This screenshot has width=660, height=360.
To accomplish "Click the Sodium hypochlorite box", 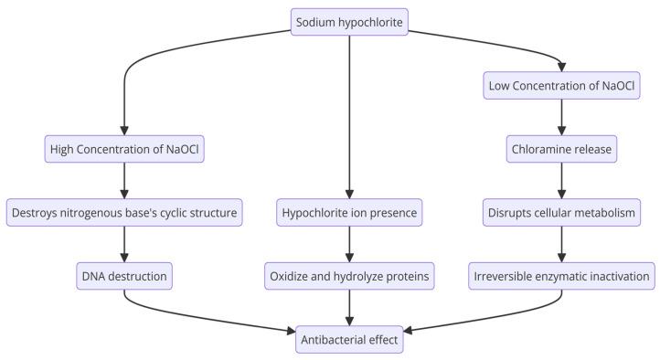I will coord(349,21).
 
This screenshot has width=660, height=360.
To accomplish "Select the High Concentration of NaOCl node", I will coord(123,148).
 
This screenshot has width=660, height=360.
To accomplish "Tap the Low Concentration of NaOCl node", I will coord(561,88).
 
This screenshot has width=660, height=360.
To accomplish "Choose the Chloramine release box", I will coord(561,148).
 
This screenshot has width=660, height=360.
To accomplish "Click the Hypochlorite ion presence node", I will coord(349,213).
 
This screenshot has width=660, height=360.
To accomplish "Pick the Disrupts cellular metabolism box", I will coord(561,213).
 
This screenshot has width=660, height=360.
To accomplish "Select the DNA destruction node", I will coord(123,274).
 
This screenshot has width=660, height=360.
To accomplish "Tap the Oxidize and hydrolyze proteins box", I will coord(349,274).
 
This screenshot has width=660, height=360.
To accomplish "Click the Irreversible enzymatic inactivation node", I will coord(561,274).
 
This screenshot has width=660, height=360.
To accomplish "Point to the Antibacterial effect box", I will coord(349,339).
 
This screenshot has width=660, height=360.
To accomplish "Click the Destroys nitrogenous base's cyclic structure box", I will coord(123,213).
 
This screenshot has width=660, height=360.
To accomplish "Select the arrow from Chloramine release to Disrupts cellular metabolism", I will coord(561,181).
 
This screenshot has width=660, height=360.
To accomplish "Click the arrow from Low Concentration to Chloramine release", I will coord(561,118).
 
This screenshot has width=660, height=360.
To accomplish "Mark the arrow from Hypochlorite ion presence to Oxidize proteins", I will coord(349,243).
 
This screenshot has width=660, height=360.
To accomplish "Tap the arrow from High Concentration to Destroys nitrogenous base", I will coord(123,181).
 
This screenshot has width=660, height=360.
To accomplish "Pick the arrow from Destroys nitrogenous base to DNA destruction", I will coord(123,243).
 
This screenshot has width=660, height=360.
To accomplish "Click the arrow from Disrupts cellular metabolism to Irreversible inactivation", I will coord(561,243).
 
